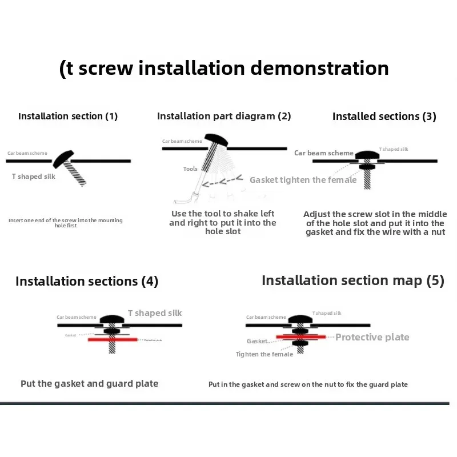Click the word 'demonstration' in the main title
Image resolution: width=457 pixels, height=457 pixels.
[x=320, y=69]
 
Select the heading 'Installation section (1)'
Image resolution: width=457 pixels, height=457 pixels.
[x=68, y=116]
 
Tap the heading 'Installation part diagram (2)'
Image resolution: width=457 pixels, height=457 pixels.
[x=224, y=116]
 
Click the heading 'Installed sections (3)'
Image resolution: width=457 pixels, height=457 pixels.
[x=384, y=117]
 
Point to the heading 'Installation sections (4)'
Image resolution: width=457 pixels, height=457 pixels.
[x=87, y=281]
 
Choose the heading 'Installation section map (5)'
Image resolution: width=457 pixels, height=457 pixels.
[x=352, y=280]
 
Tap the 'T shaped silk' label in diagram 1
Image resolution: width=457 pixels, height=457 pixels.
[x=34, y=177]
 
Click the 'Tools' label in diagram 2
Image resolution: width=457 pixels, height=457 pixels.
[x=190, y=169]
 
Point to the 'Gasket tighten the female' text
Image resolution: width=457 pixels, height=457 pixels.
[x=303, y=180]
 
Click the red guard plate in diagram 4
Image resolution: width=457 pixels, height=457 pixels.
[x=112, y=339]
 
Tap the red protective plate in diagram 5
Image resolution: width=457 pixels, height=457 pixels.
[x=300, y=337]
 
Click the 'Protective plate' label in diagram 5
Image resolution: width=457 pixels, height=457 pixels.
[x=372, y=337]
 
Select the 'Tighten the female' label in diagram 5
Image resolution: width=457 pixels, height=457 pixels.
[x=264, y=354]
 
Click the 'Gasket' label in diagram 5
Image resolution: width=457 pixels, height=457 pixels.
[x=257, y=341]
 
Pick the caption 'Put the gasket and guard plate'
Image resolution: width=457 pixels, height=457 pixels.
[x=90, y=384]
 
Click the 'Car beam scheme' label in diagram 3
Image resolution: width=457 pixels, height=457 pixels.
[x=324, y=153]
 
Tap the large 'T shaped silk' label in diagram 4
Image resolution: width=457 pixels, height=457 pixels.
[x=155, y=313]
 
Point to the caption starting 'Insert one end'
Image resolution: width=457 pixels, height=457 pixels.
[x=66, y=223]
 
